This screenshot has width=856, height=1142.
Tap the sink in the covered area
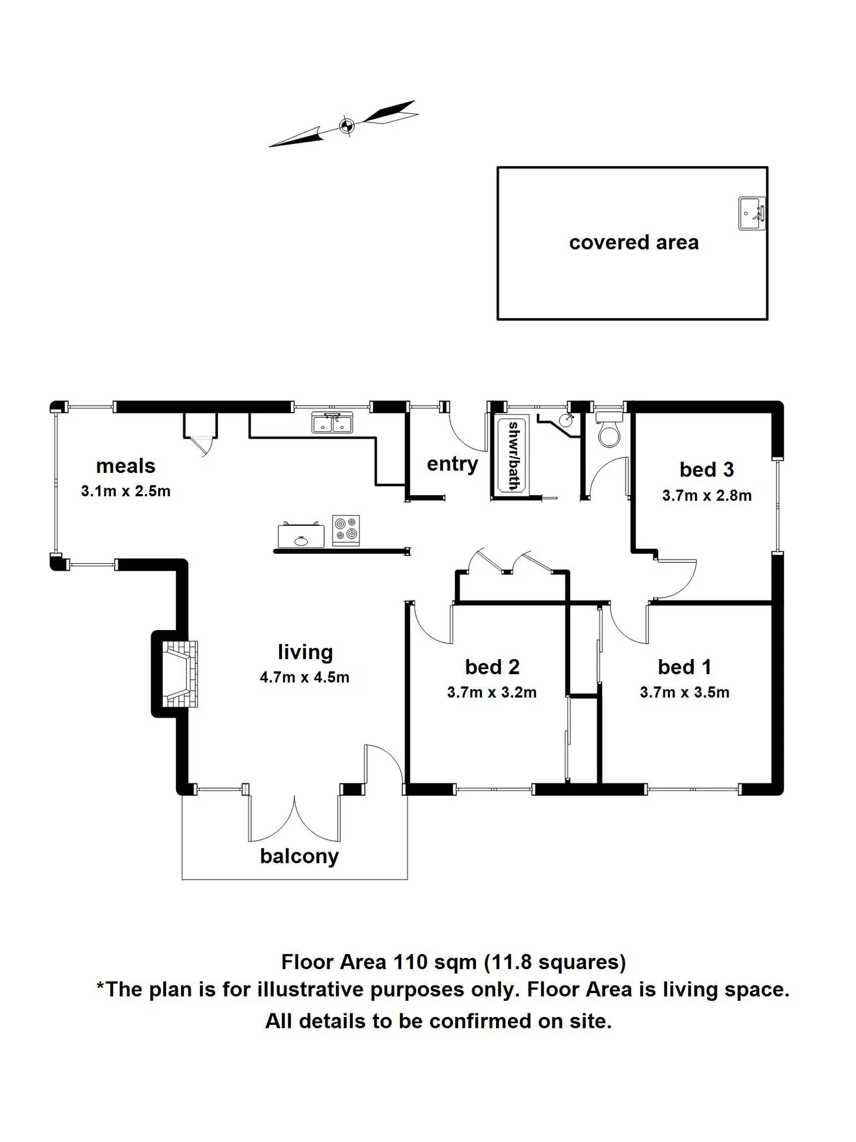752,214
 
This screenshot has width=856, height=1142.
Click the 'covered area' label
633,243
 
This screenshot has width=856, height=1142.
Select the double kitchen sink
332,422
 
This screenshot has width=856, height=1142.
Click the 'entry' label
452,464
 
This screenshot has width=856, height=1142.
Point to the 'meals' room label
126,466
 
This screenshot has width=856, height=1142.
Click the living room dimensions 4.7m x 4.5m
304,677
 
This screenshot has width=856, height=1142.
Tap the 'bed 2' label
492,667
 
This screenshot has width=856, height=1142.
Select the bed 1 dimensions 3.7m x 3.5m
684,692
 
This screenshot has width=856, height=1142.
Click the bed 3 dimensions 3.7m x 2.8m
707,496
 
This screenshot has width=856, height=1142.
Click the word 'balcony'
299,856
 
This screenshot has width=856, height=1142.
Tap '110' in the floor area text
411,962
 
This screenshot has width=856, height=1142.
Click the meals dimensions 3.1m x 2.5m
126,491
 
